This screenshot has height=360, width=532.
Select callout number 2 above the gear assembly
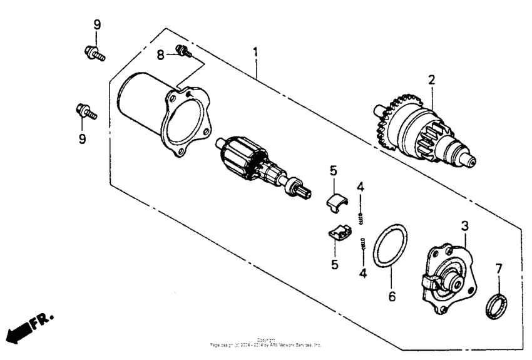tap(431, 80)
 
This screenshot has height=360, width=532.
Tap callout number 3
tap(464, 225)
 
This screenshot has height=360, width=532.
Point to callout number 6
tap(392, 296)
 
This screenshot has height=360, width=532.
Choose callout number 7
tap(499, 269)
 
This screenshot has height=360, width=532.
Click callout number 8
tap(160, 55)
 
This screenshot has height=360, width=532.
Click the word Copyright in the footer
tap(266, 340)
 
